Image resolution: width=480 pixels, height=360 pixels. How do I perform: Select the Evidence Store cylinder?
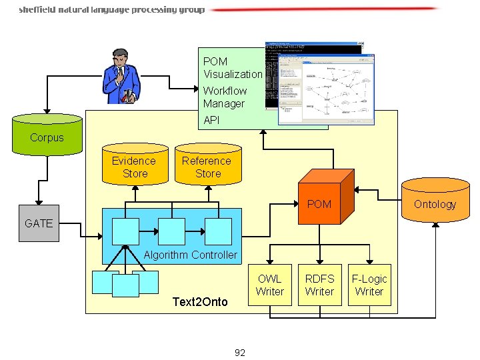(x=134, y=165)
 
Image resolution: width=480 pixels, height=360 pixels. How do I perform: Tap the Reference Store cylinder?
(x=207, y=165)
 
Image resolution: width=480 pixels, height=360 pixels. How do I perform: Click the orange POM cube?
(x=323, y=196)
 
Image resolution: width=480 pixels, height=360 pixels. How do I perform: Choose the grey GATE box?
(x=38, y=223)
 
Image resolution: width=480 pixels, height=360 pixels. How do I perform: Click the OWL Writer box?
(x=269, y=285)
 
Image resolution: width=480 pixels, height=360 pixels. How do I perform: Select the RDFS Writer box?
(x=319, y=285)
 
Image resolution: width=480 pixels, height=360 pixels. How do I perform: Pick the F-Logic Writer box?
(x=369, y=285)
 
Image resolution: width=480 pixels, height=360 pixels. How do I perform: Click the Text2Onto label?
(x=200, y=302)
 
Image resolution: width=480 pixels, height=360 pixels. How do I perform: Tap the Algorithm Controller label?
(x=191, y=255)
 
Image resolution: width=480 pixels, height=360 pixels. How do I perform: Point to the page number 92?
(x=240, y=353)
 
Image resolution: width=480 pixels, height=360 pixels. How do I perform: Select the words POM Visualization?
(x=233, y=67)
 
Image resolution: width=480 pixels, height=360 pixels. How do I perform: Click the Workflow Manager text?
(x=225, y=97)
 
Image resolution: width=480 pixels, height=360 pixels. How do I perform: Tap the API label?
(x=211, y=121)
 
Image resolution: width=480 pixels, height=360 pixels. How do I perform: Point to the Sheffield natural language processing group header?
(x=112, y=10)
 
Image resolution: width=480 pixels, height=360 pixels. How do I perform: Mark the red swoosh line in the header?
(x=327, y=9)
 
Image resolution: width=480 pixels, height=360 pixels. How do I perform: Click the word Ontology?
(x=435, y=205)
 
